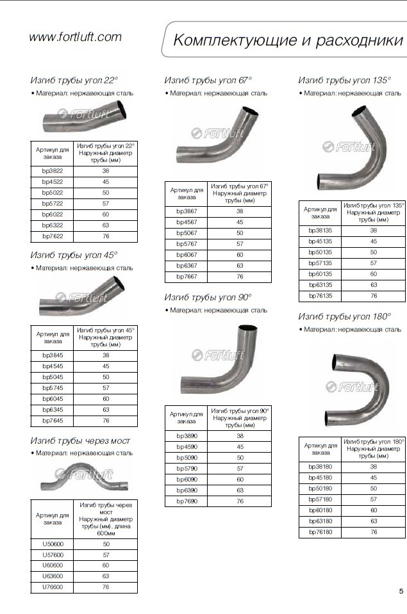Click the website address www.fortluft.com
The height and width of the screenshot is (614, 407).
75,37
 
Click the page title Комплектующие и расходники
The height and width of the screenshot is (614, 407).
288,40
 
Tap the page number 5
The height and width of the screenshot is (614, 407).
401,592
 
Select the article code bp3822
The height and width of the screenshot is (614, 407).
52,171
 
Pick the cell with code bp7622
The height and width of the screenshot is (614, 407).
52,236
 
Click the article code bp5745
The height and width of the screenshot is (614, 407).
53,388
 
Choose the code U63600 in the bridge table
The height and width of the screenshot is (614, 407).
53,576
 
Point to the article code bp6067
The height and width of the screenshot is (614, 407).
187,255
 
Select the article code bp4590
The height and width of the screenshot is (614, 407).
187,447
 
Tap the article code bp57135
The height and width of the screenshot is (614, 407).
320,263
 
